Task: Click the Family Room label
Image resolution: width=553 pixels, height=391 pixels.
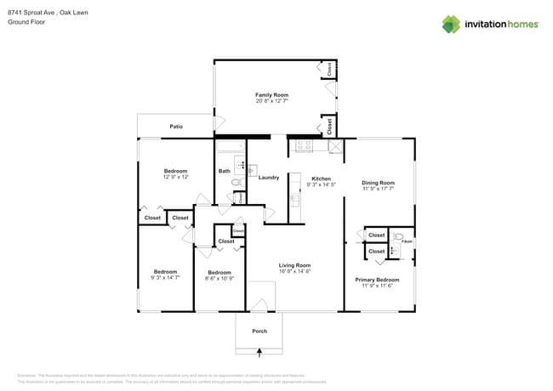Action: click(x=272, y=94)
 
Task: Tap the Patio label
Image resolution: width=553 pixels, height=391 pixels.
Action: click(x=176, y=127)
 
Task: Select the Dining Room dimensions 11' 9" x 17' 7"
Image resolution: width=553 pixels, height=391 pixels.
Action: click(x=379, y=190)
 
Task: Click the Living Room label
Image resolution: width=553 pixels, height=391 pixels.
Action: click(x=295, y=265)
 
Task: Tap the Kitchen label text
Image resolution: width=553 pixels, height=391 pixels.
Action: click(x=321, y=178)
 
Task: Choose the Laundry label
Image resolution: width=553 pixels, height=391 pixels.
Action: click(x=269, y=178)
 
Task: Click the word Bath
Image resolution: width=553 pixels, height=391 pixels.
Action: click(x=224, y=172)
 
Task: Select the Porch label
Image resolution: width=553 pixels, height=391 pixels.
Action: click(x=259, y=331)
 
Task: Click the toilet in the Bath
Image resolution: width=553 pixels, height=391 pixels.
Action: click(x=237, y=183)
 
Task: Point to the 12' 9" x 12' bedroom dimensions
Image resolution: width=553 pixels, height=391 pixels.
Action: click(x=175, y=177)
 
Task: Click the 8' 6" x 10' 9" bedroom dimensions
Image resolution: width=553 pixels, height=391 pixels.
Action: click(x=219, y=278)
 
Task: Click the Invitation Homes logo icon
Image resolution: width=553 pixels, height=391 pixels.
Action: click(x=451, y=24)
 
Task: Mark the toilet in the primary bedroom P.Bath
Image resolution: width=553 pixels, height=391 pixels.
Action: click(x=398, y=237)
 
